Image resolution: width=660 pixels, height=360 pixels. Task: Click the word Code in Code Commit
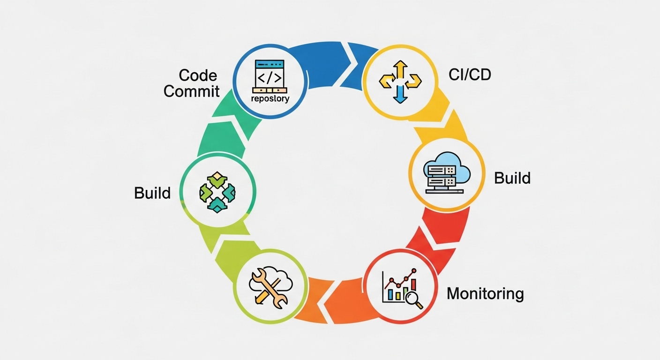coord(198,75)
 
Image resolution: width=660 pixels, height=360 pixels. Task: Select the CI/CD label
coord(470,74)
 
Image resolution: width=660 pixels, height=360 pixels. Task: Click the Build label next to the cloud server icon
coord(512,178)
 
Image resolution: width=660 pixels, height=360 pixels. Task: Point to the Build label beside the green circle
coord(152,193)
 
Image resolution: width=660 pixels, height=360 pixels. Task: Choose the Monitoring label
coord(485,294)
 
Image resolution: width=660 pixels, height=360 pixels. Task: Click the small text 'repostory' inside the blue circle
coord(270,99)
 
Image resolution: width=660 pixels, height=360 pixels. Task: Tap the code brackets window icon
coord(269,75)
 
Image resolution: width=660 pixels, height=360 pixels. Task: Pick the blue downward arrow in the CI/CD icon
coord(399,94)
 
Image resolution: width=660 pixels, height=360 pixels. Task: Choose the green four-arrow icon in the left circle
coord(217,192)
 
